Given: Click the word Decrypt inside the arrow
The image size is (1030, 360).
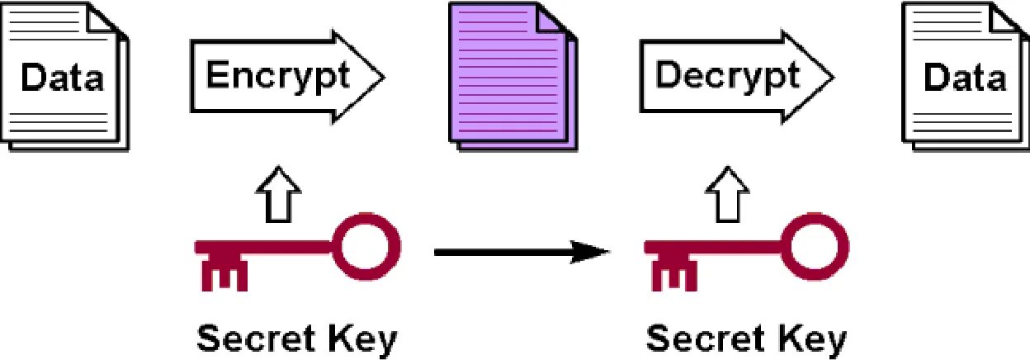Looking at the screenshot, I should tap(726, 76).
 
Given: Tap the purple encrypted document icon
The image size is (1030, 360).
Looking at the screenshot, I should tap(510, 78).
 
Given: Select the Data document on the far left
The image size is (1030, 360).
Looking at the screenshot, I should tap(62, 78).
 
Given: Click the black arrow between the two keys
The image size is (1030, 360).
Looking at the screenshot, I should tap(520, 251).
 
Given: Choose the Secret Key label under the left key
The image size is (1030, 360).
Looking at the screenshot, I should tap(296, 339).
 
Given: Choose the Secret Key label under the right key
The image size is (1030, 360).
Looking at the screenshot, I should tap(746, 339).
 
